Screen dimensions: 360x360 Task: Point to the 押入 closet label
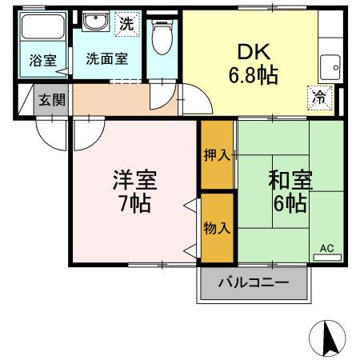pyautogui.click(x=216, y=155)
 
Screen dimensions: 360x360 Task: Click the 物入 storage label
pyautogui.click(x=216, y=228)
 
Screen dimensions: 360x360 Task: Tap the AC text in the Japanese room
pyautogui.click(x=326, y=249)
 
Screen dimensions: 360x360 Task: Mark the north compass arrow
pyautogui.click(x=328, y=338)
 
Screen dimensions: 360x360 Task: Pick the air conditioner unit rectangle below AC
pyautogui.click(x=326, y=257)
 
